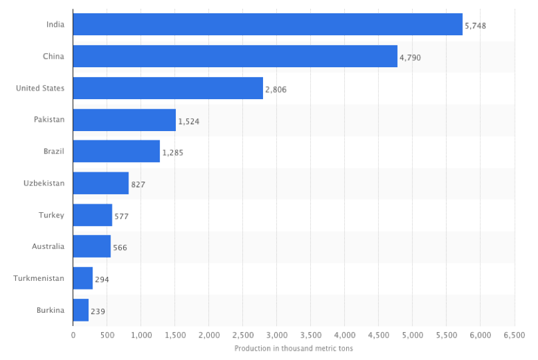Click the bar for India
(x=267, y=25)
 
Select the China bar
(x=234, y=57)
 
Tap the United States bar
(x=168, y=88)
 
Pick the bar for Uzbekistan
(x=101, y=183)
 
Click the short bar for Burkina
(x=81, y=310)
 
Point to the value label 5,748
(x=475, y=26)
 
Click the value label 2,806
(x=276, y=89)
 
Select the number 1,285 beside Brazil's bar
(x=172, y=152)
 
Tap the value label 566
(x=120, y=248)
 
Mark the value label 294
(x=102, y=279)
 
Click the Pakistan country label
(x=49, y=119)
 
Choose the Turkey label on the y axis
(x=52, y=215)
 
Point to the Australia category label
(x=48, y=246)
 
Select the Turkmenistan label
(x=39, y=278)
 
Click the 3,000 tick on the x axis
(x=276, y=335)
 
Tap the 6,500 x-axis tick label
(x=514, y=335)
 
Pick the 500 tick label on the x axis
(x=107, y=335)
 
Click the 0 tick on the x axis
(x=73, y=335)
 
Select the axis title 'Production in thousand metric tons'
(x=294, y=348)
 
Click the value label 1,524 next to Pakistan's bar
(x=188, y=121)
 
